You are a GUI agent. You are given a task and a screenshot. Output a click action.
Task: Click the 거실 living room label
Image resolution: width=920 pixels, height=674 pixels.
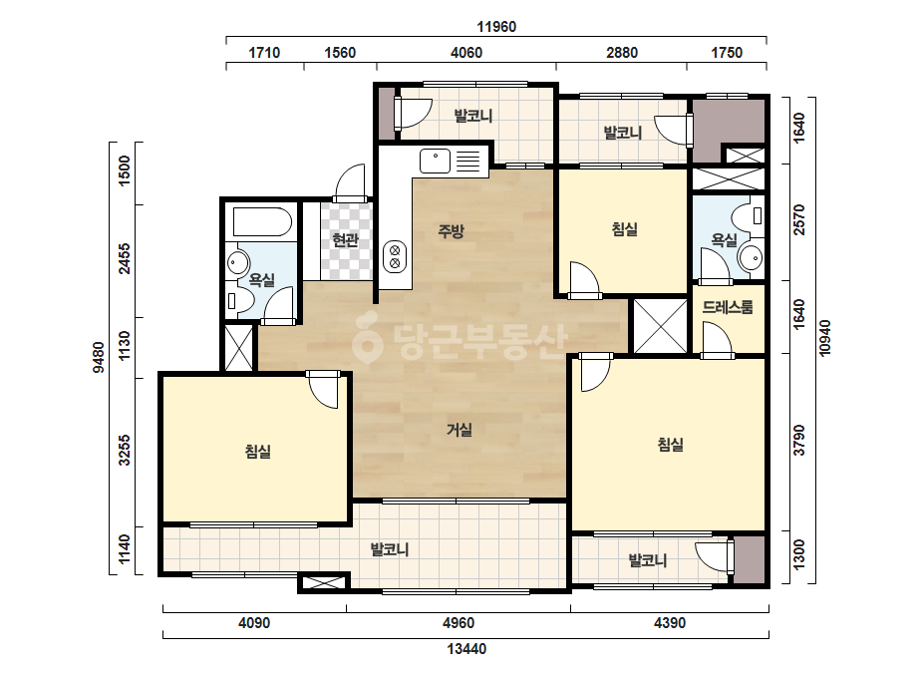pos(460,430)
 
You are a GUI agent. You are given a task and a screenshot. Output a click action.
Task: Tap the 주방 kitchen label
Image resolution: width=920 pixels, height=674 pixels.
pos(451,230)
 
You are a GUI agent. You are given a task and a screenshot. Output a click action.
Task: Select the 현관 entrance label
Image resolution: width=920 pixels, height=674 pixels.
pos(345,240)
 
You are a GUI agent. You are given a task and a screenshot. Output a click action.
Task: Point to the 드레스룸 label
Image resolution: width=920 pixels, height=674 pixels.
pos(728,307)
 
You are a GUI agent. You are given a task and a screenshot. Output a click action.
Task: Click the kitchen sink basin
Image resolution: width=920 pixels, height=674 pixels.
pos(435,161)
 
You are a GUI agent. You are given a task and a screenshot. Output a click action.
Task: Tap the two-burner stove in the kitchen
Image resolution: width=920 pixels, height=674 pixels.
pos(395,257)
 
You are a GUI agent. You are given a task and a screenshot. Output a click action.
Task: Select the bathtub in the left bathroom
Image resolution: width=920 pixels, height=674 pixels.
pos(262,221)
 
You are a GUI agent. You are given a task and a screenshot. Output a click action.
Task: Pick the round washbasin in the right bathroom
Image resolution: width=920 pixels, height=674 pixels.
pos(751,258)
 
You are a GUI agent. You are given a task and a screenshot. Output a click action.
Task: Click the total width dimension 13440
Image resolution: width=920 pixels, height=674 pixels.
pos(467,649)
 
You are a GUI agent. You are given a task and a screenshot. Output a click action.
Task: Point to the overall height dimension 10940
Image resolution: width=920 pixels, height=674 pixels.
pos(825,338)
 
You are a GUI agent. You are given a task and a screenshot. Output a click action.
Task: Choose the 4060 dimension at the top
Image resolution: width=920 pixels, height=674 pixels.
pos(466,53)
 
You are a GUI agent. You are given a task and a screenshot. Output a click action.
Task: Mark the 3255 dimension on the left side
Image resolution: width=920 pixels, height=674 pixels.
pos(125,451)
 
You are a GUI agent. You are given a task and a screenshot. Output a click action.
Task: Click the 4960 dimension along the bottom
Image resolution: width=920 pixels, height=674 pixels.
pos(459,622)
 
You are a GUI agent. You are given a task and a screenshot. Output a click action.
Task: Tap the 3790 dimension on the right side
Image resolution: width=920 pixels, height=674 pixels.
pos(799,441)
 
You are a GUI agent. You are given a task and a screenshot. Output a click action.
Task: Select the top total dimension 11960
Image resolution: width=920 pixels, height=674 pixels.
pos(496,27)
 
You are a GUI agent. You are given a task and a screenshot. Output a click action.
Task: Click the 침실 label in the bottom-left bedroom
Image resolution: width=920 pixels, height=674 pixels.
pos(258,452)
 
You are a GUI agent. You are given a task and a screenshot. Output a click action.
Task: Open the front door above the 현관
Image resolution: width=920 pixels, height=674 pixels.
pos(351,183)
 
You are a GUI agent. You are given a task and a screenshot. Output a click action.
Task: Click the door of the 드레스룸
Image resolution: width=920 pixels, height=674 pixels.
pos(717,341)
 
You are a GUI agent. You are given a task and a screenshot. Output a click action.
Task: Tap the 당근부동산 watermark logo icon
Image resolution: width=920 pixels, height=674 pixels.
pos(367,338)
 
